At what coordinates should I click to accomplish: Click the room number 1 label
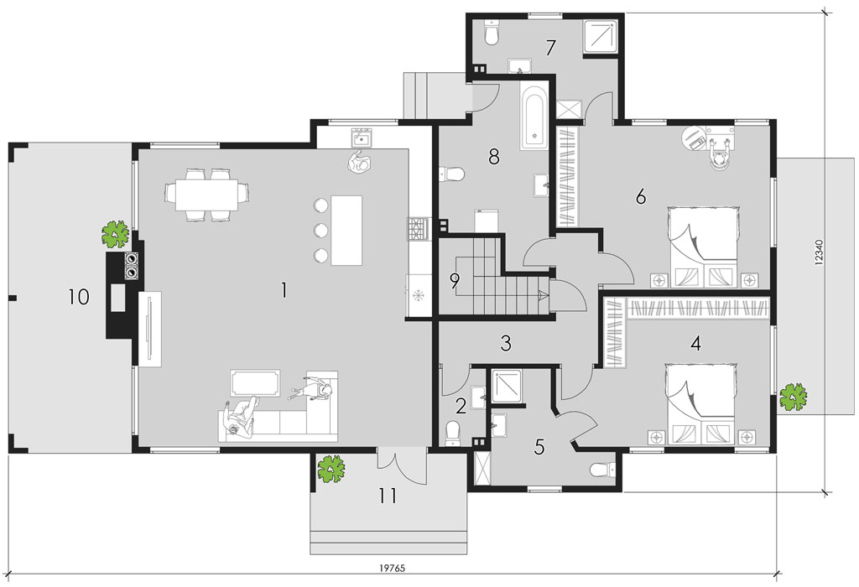pos(284,290)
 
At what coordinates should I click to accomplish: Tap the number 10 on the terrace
pos(79,298)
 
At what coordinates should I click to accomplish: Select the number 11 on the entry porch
pos(388,496)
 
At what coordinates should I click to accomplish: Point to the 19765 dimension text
pos(393,569)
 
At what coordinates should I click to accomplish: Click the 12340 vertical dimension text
pos(819,252)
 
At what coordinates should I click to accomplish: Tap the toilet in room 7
pos(492,33)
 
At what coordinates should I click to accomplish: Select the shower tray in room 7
pos(601,36)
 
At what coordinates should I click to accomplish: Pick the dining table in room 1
pos(207,195)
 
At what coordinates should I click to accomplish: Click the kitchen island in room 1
pos(346,230)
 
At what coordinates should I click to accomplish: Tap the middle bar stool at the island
pos(320,231)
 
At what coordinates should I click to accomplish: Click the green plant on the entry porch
pos(331,470)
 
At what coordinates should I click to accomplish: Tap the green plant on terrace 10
pos(116,235)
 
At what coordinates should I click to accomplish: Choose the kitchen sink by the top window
pos(362,137)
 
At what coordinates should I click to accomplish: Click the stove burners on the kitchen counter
pos(416,229)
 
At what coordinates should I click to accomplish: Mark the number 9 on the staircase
pos(454,281)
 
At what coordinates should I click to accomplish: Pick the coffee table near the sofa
pos(255,382)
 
